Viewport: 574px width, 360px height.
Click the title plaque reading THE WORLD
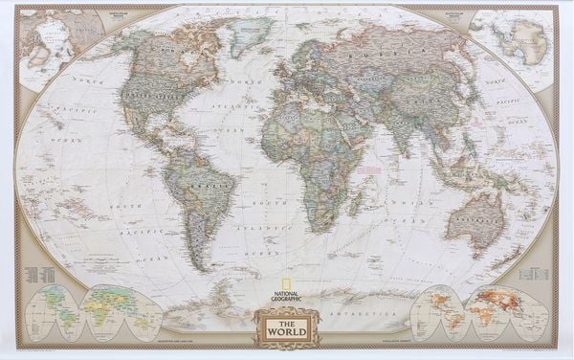(x=286, y=328)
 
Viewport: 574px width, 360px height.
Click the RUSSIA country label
(x=383, y=59)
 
